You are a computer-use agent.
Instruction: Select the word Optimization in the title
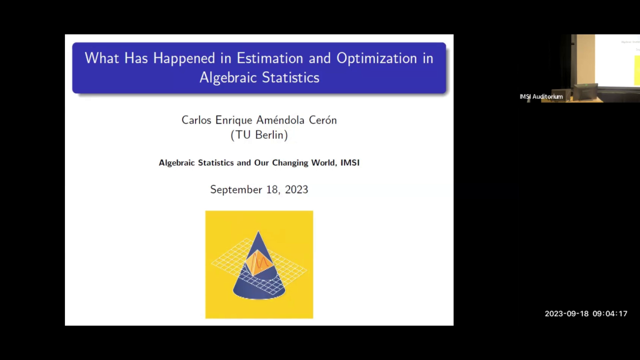[x=377, y=59]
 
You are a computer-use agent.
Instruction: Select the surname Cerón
[x=319, y=120]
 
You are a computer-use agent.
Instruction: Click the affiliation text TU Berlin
[x=259, y=134]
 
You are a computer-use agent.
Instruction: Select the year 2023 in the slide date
[x=296, y=189]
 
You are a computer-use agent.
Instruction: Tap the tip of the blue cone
[x=257, y=233]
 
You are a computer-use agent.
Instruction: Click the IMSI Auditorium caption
[x=541, y=97]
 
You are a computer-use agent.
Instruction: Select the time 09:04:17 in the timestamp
[x=610, y=314]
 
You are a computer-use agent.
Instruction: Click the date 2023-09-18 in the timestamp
[x=567, y=314]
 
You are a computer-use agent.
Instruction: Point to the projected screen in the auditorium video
[x=618, y=60]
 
